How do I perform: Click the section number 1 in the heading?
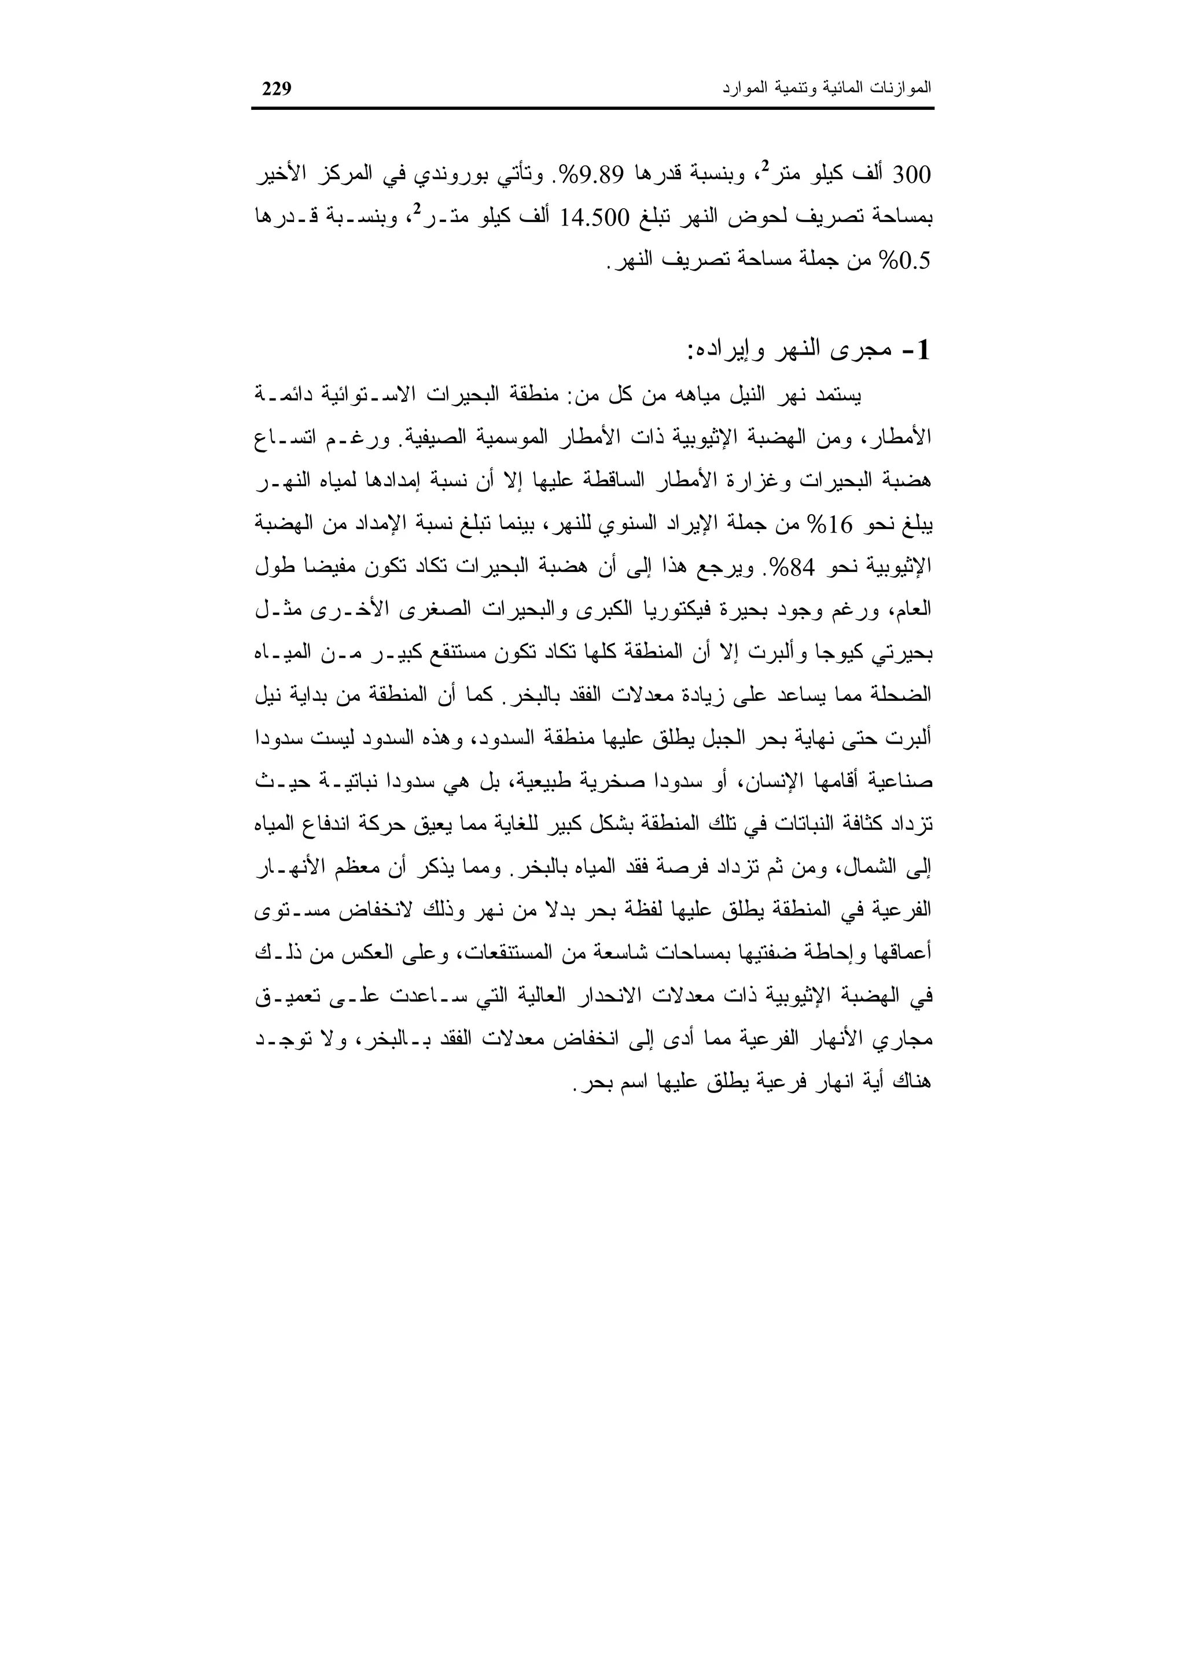[x=923, y=350]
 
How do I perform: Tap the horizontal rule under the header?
[x=592, y=109]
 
